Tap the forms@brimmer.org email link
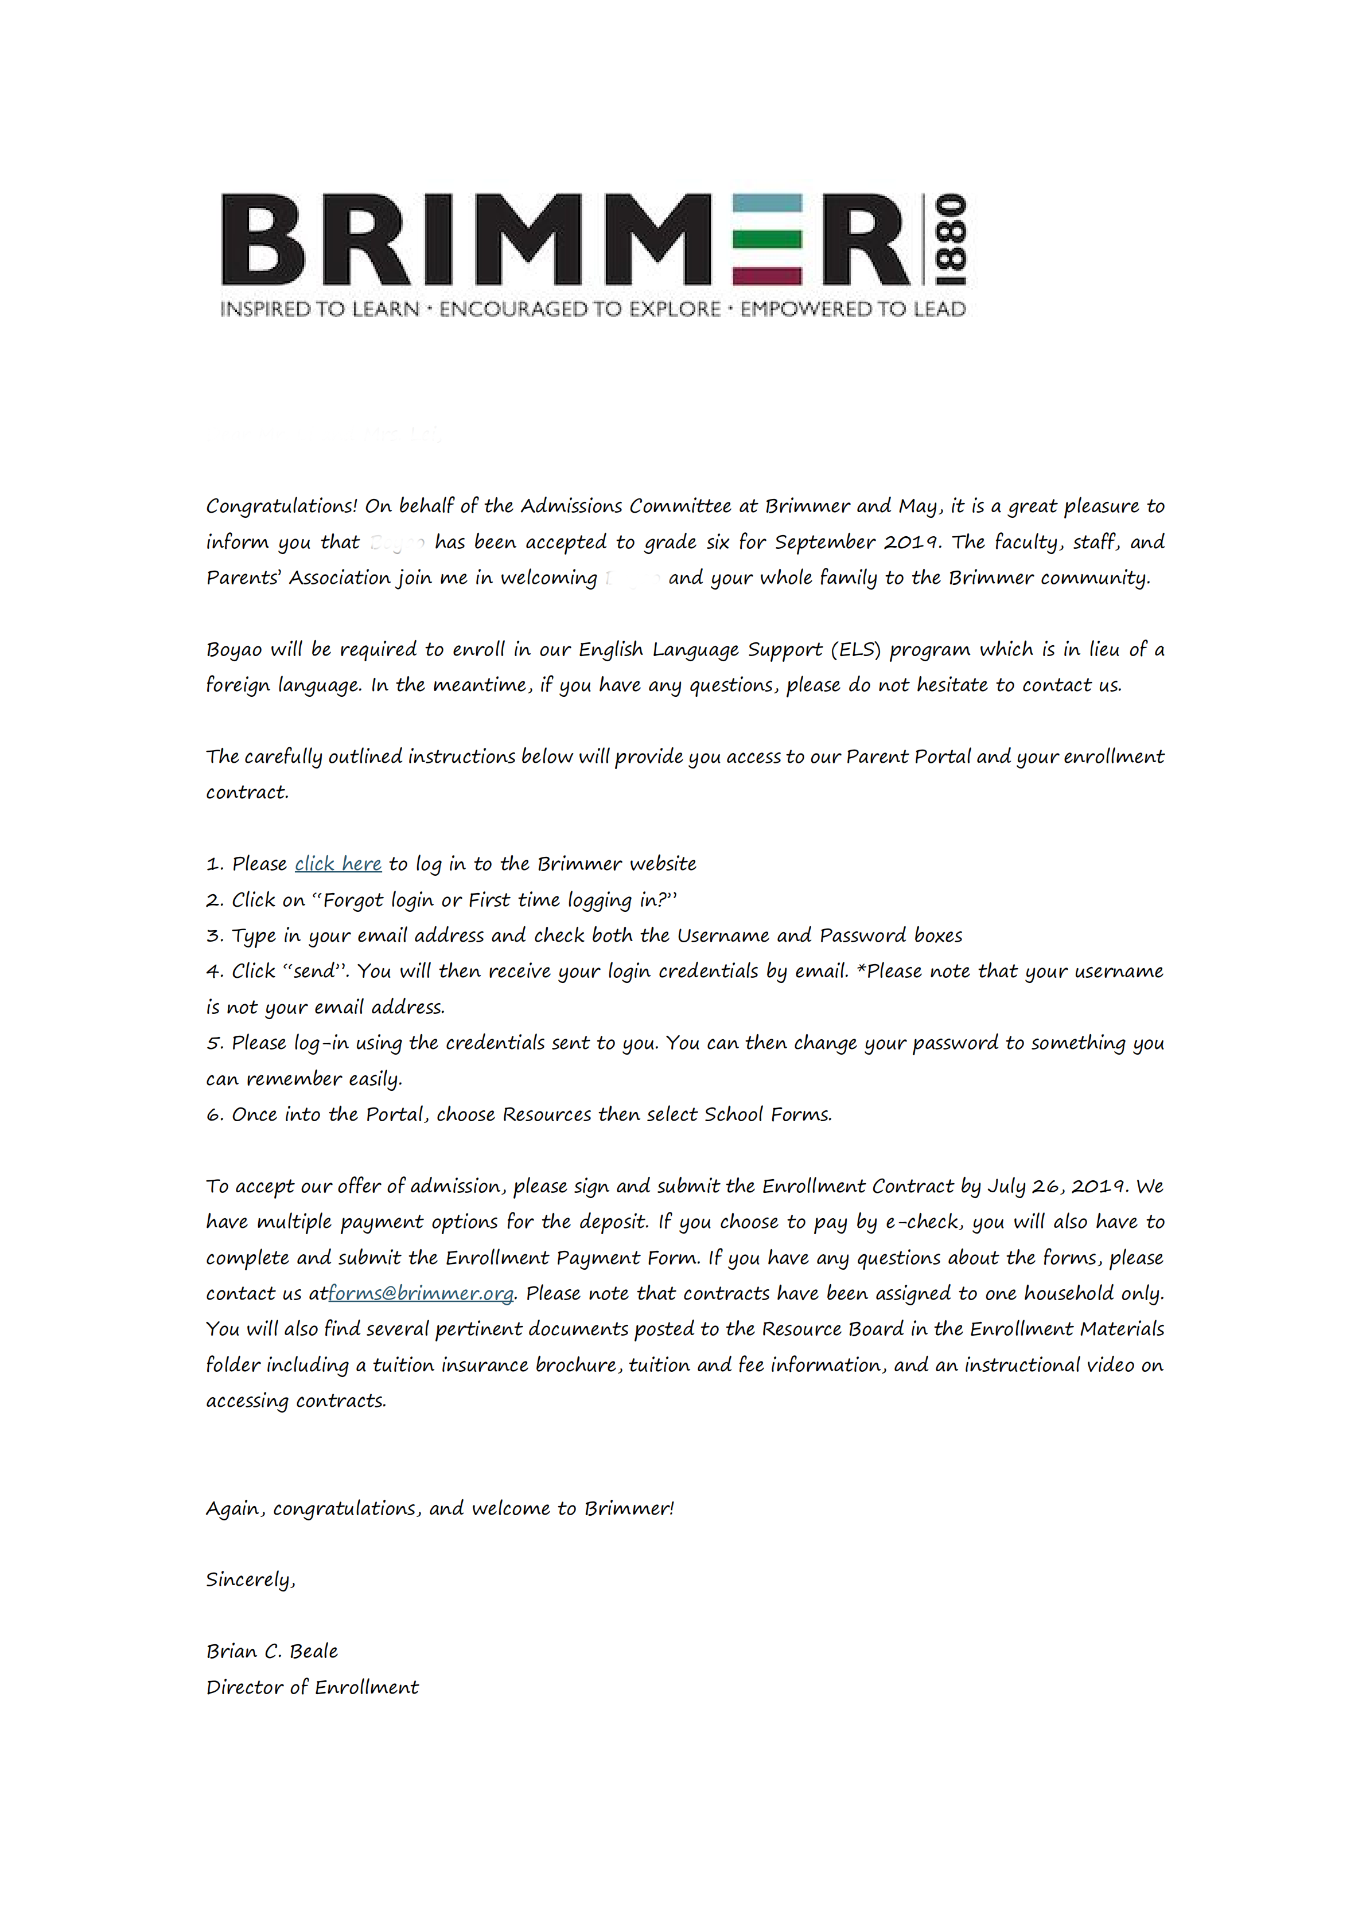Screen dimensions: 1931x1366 (x=421, y=1293)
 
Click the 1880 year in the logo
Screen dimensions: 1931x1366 (x=951, y=240)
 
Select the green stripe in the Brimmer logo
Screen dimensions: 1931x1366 (x=766, y=240)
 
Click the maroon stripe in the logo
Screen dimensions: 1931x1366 (x=766, y=275)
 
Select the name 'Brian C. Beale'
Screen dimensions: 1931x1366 (x=272, y=1651)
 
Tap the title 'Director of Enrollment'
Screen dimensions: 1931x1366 (x=312, y=1687)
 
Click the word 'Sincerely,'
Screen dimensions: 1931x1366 (x=251, y=1579)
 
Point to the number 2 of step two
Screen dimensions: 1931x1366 (x=213, y=901)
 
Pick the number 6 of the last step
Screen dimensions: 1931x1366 (x=213, y=1115)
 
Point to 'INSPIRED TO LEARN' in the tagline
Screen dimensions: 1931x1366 (x=320, y=310)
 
